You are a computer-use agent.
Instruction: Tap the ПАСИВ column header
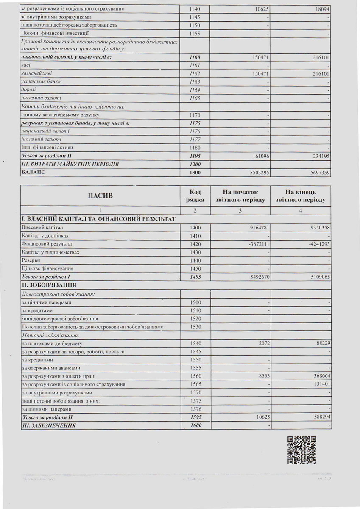(101, 196)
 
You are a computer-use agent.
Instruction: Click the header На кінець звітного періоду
(300, 196)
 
